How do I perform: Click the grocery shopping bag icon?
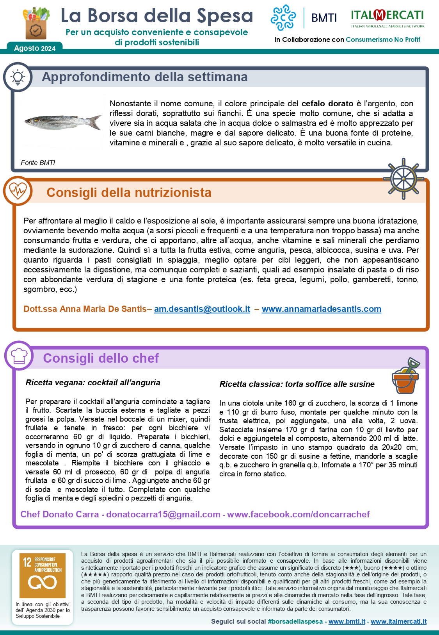coord(37,23)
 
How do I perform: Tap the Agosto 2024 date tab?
coord(35,48)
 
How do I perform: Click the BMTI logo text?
coord(324,18)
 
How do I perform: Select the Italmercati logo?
coord(387,18)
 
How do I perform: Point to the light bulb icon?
coord(18,77)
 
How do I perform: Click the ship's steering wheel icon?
coord(403,179)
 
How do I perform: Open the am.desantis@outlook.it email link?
coord(202,309)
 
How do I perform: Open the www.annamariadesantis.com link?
coord(321,309)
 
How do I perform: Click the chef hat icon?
coord(19,356)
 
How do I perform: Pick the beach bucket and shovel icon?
coord(405,376)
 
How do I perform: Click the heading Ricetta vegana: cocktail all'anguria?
coord(93,383)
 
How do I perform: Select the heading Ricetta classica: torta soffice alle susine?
coord(297,384)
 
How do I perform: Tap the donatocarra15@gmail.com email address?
coord(163,514)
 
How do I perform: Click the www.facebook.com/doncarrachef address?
coord(298,514)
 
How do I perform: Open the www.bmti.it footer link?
coord(347,621)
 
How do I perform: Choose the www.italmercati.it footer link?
coord(398,621)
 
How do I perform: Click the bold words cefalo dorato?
coord(327,104)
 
